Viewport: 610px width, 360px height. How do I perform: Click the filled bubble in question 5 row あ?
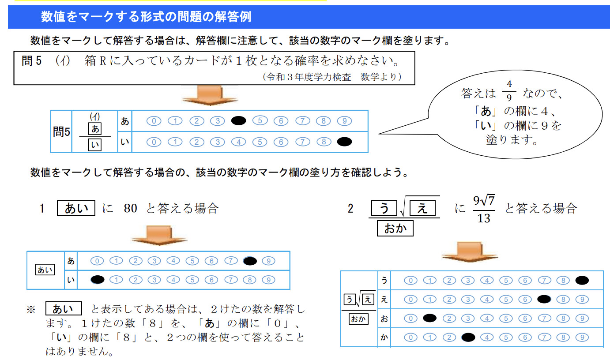[238, 121]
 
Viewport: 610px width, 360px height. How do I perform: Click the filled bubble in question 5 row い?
[344, 142]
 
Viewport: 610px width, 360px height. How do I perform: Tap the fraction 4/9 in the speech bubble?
[509, 91]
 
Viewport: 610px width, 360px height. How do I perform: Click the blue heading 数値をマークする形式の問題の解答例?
[146, 17]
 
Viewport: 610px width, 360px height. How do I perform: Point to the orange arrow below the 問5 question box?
[204, 94]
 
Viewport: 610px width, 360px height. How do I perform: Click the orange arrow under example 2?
[470, 251]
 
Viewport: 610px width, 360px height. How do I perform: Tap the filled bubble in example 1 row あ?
[250, 261]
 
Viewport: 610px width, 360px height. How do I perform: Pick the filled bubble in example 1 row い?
[97, 279]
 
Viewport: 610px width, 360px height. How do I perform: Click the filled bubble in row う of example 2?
[582, 280]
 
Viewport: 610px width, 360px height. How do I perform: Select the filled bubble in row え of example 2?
[544, 299]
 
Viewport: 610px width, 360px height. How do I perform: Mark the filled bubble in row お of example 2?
[429, 318]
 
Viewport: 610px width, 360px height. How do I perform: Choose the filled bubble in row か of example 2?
[468, 337]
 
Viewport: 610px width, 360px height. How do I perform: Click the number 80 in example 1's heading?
[131, 208]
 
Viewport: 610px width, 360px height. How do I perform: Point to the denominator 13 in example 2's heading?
[484, 218]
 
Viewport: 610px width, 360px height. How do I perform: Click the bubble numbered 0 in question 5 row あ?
[154, 121]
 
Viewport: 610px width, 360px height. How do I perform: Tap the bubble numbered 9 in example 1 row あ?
[268, 261]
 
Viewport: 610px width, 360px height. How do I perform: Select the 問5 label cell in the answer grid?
[61, 131]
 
